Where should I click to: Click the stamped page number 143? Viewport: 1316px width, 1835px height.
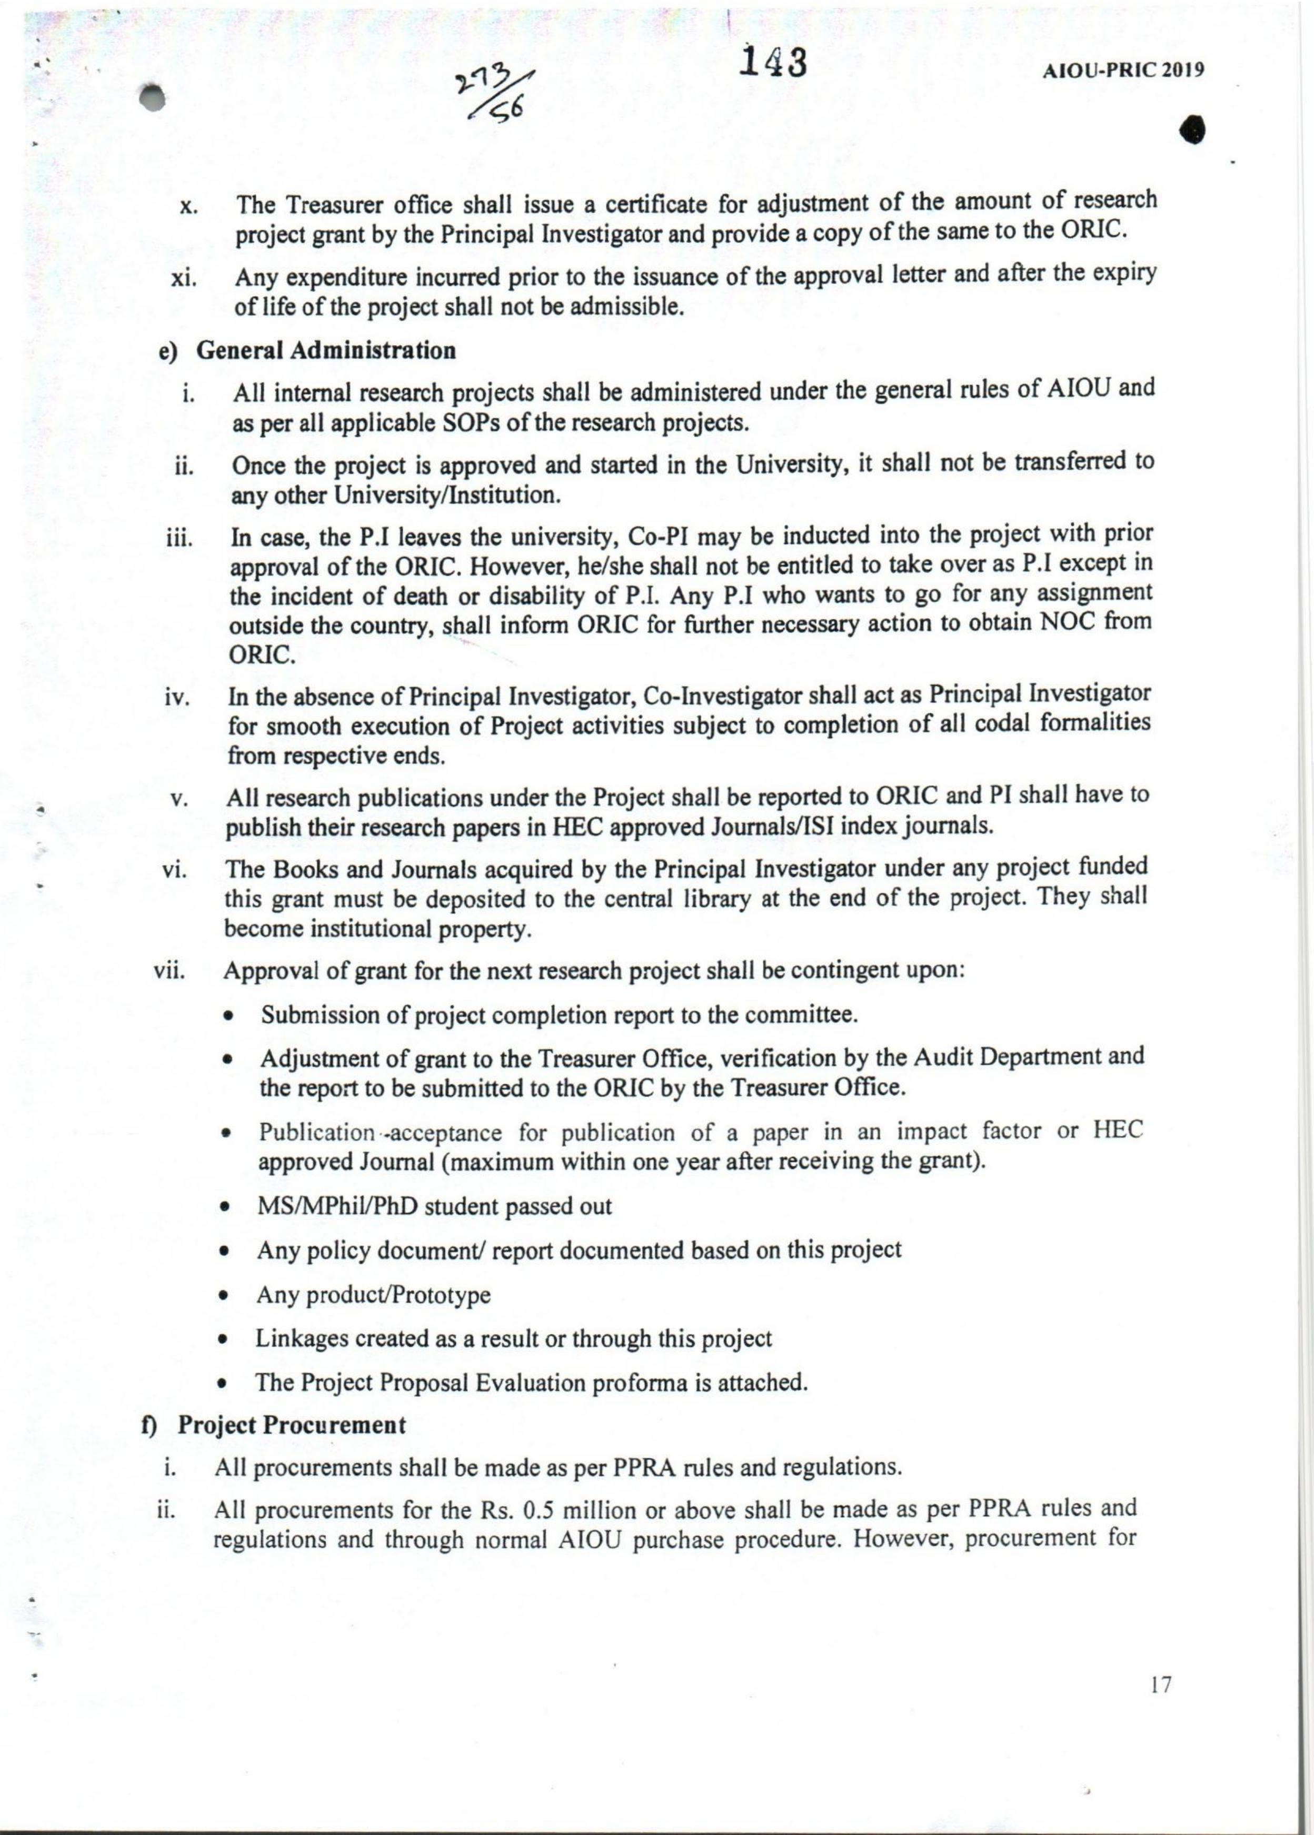[x=775, y=62]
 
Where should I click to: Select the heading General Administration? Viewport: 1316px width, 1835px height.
[x=326, y=350]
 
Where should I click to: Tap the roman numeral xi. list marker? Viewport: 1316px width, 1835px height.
[x=185, y=280]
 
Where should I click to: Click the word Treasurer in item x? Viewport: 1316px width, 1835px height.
[x=333, y=205]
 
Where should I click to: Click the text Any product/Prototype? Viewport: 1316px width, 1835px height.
[x=373, y=1295]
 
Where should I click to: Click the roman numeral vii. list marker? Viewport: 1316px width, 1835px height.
[x=170, y=971]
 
